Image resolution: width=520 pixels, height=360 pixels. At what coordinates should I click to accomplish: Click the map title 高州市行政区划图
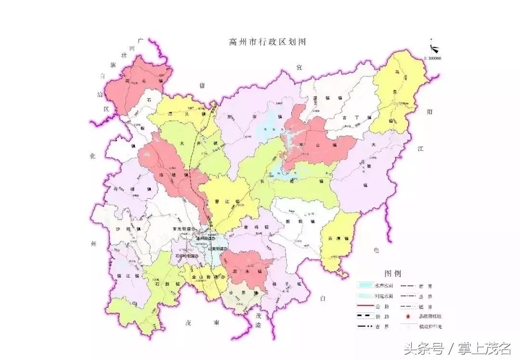coord(268,42)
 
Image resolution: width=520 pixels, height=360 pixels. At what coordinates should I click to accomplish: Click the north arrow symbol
coord(434,49)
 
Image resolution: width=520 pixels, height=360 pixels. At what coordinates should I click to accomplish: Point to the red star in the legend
coord(408,316)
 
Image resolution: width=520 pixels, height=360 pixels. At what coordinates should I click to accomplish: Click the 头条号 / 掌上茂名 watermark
coord(457,347)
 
